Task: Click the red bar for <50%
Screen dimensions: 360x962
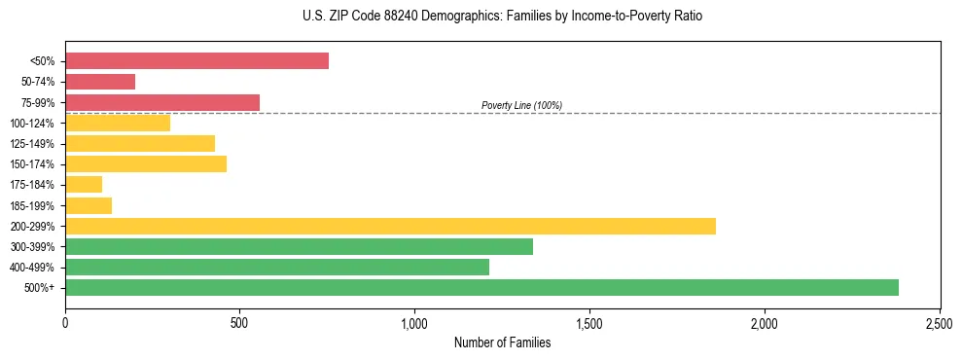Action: tap(196, 61)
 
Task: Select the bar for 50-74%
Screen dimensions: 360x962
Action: tap(100, 82)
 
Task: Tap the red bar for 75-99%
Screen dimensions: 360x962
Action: tap(162, 102)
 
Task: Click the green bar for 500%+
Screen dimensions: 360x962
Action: tap(481, 287)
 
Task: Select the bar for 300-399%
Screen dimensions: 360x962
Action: tap(299, 246)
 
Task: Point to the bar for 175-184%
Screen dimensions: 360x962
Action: tap(84, 185)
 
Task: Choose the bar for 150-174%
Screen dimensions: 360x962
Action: tap(146, 163)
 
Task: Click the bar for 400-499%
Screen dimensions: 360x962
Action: tap(277, 267)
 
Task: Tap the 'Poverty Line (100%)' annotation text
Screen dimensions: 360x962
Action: tap(521, 105)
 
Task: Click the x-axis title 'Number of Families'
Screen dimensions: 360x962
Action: tap(502, 342)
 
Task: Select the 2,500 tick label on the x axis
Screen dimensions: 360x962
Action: tap(939, 322)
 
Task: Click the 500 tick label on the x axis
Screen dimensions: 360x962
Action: tap(240, 322)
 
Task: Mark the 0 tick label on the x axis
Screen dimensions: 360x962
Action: tap(65, 322)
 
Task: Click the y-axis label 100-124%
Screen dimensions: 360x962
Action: tap(32, 124)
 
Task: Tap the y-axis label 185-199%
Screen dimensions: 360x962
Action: tap(32, 205)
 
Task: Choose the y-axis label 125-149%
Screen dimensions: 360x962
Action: tap(32, 144)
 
